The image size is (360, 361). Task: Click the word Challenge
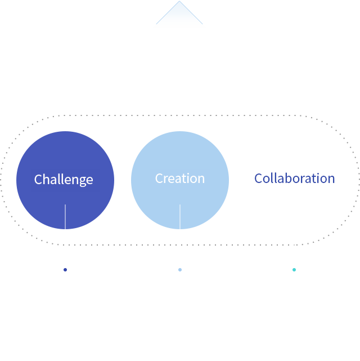[x=64, y=180]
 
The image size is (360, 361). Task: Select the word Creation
[x=180, y=179]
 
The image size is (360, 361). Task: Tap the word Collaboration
[x=295, y=178]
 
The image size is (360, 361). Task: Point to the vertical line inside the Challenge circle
[x=65, y=217]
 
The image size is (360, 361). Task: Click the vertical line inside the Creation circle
[x=180, y=217]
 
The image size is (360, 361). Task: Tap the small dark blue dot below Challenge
[x=65, y=270]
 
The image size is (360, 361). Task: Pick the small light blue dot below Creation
[x=180, y=270]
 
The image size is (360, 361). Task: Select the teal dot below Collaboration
[x=294, y=270]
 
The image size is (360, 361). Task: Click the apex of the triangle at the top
[x=179, y=1]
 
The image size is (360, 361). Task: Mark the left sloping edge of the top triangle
[x=168, y=12]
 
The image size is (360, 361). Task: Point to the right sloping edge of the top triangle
[x=191, y=12]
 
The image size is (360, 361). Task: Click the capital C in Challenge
[x=38, y=179]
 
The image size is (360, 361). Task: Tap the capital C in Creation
[x=159, y=179]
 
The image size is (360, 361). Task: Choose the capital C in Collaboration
[x=258, y=179]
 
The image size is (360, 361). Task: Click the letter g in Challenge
[x=82, y=181]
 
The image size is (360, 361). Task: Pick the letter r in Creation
[x=166, y=180]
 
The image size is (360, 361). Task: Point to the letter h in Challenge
[x=47, y=179]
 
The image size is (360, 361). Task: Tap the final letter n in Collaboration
[x=331, y=180]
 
